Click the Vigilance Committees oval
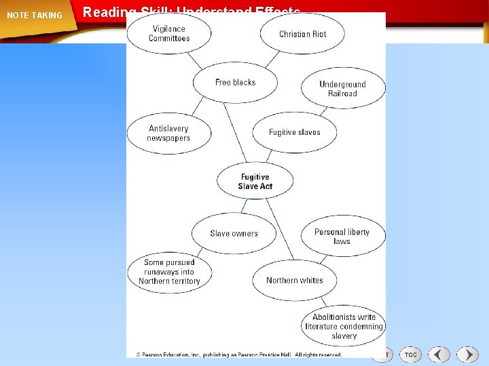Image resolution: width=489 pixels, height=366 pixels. pyautogui.click(x=169, y=34)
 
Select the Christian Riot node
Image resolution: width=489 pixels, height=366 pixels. pyautogui.click(x=302, y=34)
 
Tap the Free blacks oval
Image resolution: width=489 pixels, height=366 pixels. pyautogui.click(x=235, y=83)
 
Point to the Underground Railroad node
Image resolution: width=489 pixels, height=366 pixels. pyautogui.click(x=342, y=89)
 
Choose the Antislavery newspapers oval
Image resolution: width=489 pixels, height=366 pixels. pyautogui.click(x=168, y=134)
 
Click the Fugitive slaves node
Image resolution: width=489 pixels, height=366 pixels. pyautogui.click(x=294, y=132)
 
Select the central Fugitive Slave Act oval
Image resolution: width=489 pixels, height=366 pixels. pyautogui.click(x=255, y=182)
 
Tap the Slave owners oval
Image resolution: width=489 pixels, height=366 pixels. pyautogui.click(x=234, y=233)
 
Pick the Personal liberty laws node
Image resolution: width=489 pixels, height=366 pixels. pyautogui.click(x=342, y=237)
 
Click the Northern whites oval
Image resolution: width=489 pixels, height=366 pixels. pyautogui.click(x=294, y=280)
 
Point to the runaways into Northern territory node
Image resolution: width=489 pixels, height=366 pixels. pyautogui.click(x=169, y=272)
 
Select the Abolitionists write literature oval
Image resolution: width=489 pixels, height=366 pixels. pyautogui.click(x=344, y=326)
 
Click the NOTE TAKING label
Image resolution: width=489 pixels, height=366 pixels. pyautogui.click(x=34, y=16)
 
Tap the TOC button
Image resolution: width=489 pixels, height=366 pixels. pyautogui.click(x=411, y=354)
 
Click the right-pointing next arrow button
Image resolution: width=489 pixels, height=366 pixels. pyautogui.click(x=467, y=354)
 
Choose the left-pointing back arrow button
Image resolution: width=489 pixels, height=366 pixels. pyautogui.click(x=439, y=354)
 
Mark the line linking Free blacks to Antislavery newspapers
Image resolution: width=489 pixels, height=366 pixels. pyautogui.click(x=198, y=106)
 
